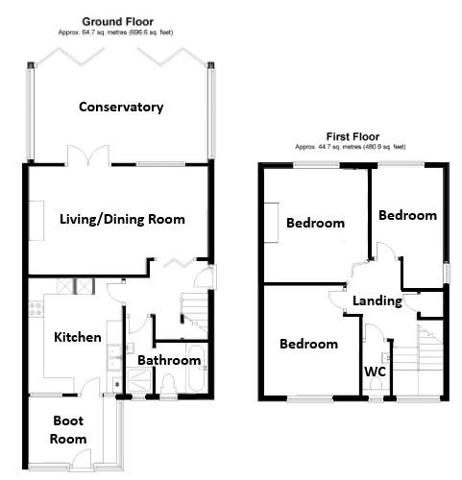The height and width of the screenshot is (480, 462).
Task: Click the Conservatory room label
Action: tap(121, 107)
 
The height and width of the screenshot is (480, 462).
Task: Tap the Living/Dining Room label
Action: tap(121, 219)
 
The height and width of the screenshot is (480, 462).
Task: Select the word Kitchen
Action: tap(78, 337)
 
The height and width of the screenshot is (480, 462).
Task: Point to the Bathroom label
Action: tap(169, 360)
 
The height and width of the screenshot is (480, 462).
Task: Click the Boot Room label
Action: tap(68, 429)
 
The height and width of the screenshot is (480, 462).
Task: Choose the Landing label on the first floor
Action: tap(377, 300)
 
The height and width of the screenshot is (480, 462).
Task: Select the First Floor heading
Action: tap(351, 136)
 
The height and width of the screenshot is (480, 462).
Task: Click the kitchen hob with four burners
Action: tap(36, 309)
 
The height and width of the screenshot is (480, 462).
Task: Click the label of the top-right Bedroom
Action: tap(407, 215)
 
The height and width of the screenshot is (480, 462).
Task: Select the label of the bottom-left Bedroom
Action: tap(308, 344)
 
